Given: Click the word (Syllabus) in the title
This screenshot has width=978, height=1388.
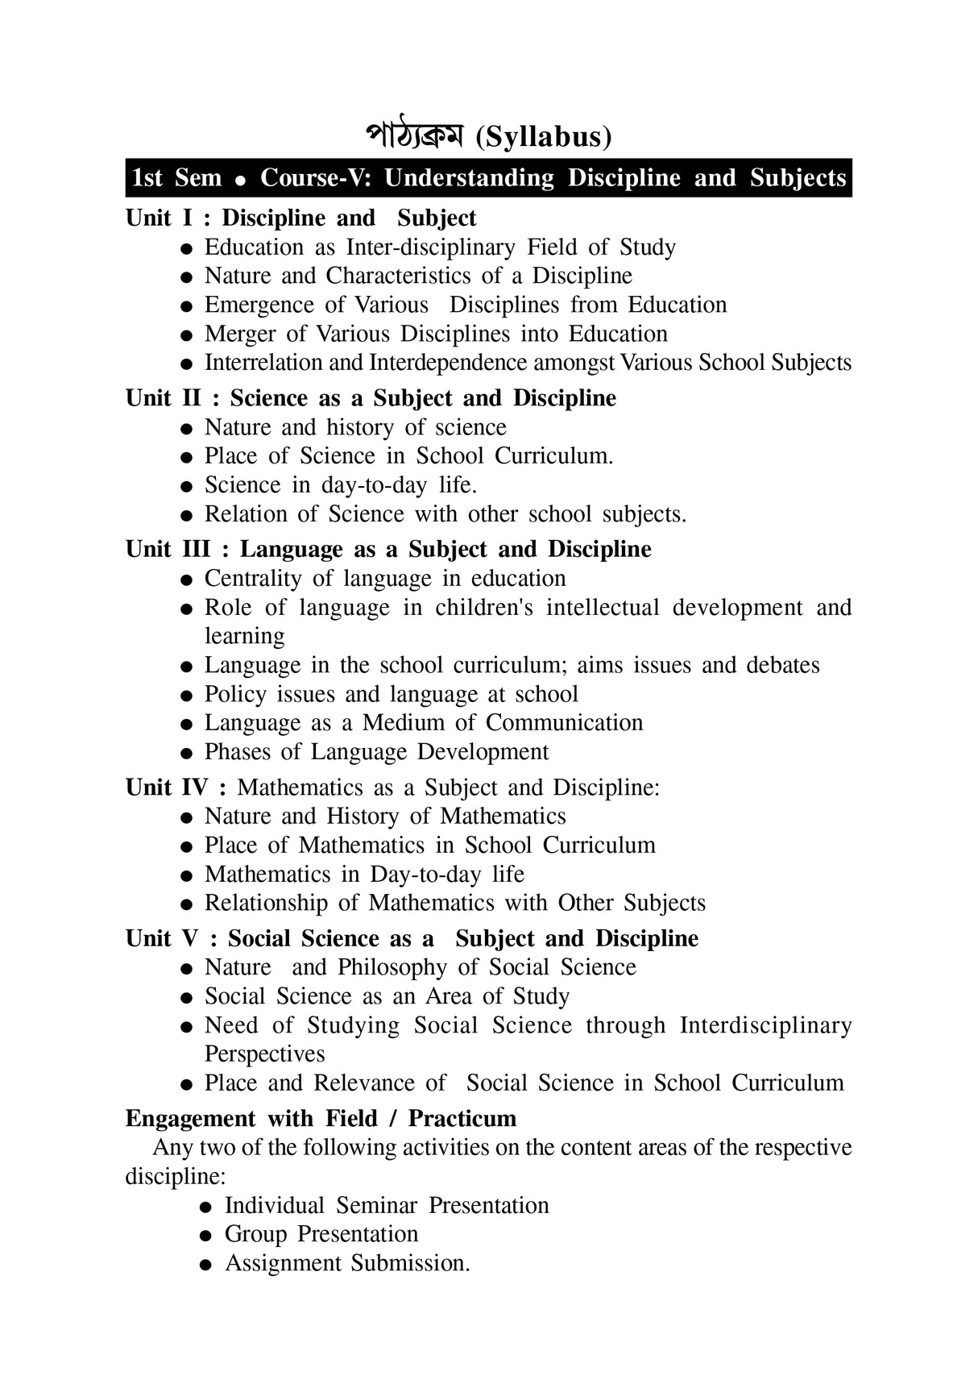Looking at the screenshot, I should click(544, 137).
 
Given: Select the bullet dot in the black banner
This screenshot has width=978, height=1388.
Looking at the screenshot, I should click(239, 180).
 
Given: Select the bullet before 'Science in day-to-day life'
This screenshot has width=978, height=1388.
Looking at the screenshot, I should click(186, 487).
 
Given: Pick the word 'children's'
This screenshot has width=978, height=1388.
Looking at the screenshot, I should click(484, 608).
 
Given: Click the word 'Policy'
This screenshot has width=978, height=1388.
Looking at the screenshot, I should click(235, 694).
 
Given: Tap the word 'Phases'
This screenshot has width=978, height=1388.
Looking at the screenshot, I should click(237, 752).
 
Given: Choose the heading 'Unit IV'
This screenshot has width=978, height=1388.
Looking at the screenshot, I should click(167, 788).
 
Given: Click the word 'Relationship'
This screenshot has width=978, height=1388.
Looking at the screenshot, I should click(266, 903).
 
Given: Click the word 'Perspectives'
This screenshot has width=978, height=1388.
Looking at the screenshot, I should click(264, 1054).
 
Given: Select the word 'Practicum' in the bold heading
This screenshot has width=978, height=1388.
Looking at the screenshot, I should click(462, 1119).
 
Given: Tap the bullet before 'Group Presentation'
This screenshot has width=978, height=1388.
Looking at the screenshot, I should click(206, 1236).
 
